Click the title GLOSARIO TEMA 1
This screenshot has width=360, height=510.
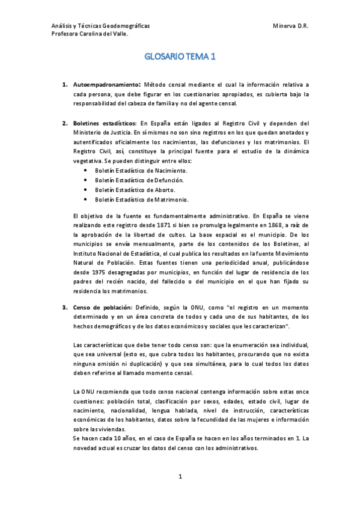point(180,58)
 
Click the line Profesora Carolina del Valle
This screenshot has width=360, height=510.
point(90,35)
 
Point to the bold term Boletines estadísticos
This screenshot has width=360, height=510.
point(105,123)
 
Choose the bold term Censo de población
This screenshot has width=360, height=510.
point(100,307)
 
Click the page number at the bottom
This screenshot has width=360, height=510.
point(180,477)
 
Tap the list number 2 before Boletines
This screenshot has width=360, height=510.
point(64,123)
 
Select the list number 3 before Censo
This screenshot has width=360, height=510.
point(64,307)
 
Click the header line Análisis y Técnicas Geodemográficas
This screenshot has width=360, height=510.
point(102,26)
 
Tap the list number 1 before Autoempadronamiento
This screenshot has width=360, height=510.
point(64,85)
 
